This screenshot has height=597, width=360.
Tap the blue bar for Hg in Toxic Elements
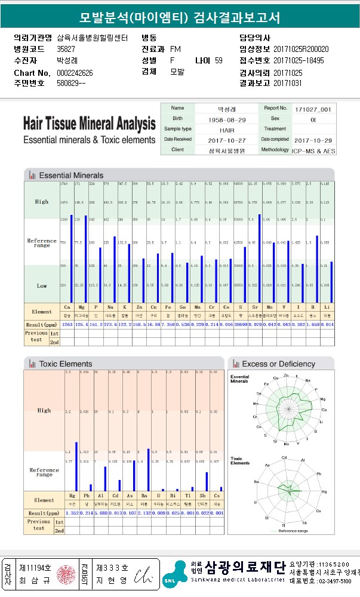(x=76, y=466)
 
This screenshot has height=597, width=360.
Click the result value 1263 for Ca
(x=67, y=324)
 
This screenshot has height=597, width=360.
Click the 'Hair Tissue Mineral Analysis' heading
(x=89, y=125)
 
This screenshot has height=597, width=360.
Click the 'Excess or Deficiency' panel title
(x=278, y=364)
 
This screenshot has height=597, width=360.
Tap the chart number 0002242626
(x=75, y=73)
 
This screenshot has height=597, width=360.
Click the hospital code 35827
(x=66, y=49)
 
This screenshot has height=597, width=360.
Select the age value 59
(x=219, y=60)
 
